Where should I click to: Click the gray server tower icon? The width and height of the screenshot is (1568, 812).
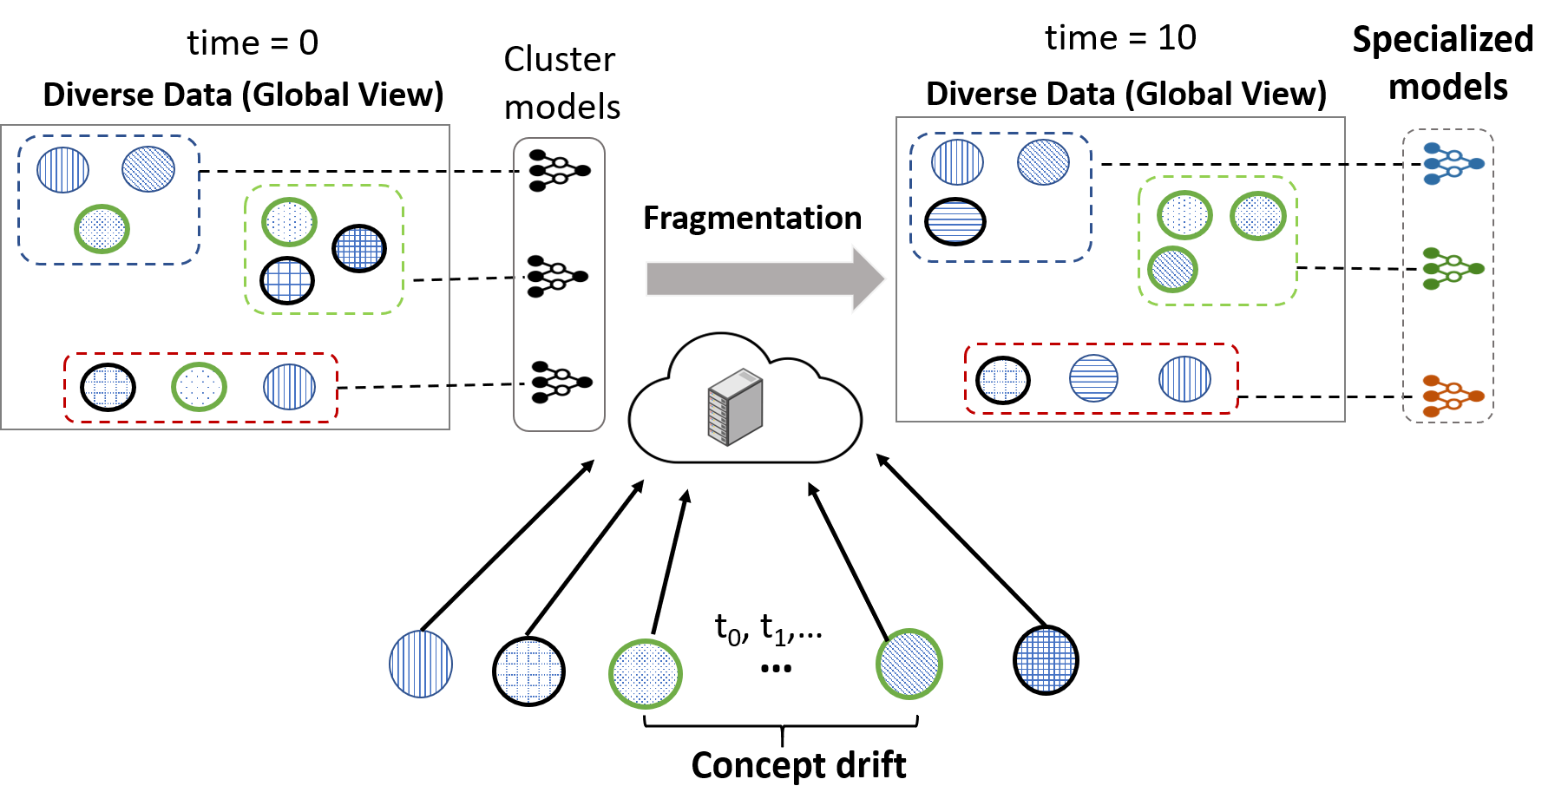tap(735, 407)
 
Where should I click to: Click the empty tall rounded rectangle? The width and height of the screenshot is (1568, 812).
tap(559, 284)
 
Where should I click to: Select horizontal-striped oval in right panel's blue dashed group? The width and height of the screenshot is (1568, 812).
tap(955, 221)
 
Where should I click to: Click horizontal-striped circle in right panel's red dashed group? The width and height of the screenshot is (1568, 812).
tap(1093, 378)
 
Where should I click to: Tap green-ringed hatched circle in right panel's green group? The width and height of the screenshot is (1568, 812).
tap(1172, 270)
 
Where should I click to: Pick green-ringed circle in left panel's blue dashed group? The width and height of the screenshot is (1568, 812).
tap(102, 229)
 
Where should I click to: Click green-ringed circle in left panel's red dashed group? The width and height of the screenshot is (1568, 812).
tap(199, 387)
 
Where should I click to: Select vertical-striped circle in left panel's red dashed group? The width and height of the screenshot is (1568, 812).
tap(289, 387)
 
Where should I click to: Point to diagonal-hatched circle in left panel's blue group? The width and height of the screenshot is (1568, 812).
tap(148, 169)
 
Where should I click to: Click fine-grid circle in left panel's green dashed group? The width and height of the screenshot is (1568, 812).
tap(358, 248)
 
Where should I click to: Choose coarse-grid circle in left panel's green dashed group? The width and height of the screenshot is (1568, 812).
tap(287, 280)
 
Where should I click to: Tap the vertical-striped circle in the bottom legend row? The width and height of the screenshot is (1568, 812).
tap(421, 664)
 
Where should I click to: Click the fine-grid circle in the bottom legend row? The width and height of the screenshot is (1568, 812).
tap(1046, 660)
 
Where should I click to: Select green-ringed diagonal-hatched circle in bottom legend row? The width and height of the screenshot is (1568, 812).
tap(909, 664)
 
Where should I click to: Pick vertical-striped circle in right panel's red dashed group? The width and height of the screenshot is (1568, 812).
tap(1184, 379)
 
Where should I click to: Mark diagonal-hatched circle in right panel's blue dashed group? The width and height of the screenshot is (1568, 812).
tap(1043, 162)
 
